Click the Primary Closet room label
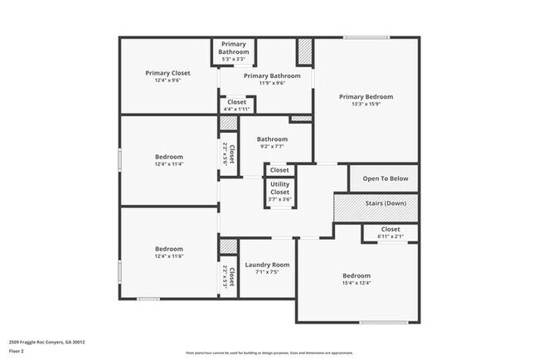168,73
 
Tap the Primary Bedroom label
366,97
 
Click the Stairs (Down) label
386,203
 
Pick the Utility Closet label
279,188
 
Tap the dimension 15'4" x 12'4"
357,284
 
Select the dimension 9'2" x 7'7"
271,147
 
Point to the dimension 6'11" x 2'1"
390,236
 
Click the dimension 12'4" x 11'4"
169,164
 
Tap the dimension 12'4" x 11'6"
169,256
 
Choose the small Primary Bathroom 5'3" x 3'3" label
233,59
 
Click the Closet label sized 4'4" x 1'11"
236,109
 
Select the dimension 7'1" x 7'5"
267,272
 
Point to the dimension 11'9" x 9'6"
266,83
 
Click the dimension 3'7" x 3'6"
279,199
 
